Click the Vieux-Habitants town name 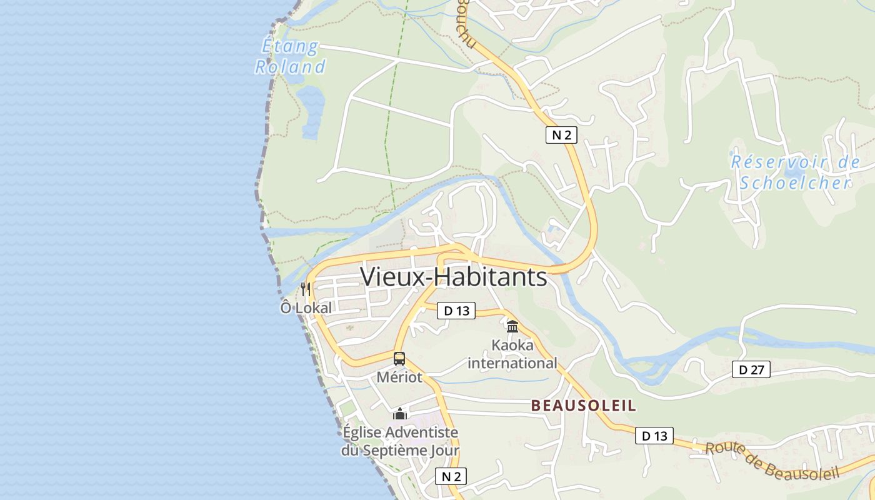(454, 277)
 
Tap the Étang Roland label (290, 57)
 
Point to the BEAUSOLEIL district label (584, 406)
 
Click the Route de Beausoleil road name (772, 462)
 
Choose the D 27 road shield (751, 369)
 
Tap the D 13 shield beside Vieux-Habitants (456, 311)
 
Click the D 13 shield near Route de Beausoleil (654, 436)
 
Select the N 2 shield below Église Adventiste (451, 476)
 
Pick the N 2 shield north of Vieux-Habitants (561, 134)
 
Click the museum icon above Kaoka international (512, 326)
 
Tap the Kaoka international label (512, 354)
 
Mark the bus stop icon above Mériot (399, 359)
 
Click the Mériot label (399, 377)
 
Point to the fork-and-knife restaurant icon (306, 289)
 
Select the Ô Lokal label (306, 308)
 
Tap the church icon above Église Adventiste (400, 414)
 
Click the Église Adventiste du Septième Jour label (400, 441)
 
